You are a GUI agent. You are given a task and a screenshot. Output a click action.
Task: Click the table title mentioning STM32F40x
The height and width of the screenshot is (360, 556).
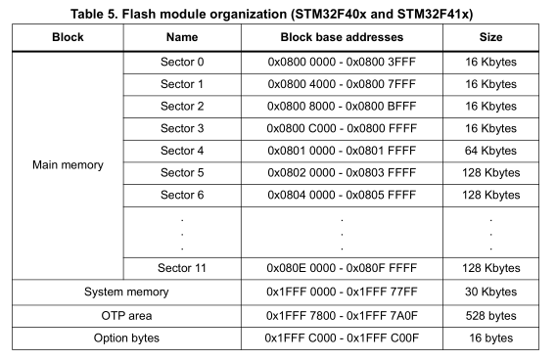click(x=278, y=13)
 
